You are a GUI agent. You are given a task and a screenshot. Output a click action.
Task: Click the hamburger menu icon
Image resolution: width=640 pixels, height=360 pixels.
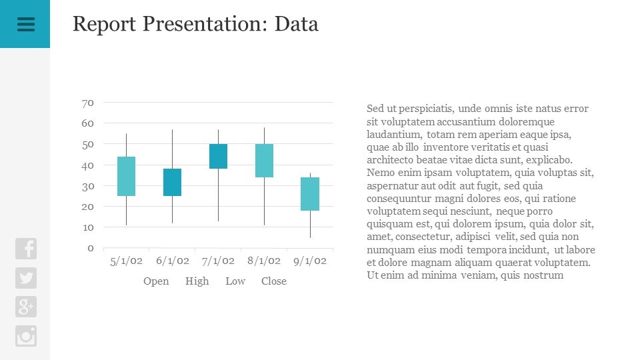pyautogui.click(x=25, y=24)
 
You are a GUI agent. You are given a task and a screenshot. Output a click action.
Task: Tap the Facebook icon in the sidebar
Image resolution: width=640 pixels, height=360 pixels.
pyautogui.click(x=26, y=249)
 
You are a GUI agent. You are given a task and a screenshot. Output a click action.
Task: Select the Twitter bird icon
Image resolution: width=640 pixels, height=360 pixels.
pyautogui.click(x=26, y=278)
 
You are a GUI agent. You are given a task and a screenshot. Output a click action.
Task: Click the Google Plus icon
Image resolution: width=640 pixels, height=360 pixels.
pyautogui.click(x=26, y=307)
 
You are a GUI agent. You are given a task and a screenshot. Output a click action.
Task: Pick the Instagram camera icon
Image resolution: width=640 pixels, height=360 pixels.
pyautogui.click(x=26, y=336)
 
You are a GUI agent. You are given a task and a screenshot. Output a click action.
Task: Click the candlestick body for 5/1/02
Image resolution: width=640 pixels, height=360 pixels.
pyautogui.click(x=127, y=176)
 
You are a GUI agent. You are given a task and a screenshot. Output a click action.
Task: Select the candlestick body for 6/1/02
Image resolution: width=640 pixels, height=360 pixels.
pyautogui.click(x=172, y=182)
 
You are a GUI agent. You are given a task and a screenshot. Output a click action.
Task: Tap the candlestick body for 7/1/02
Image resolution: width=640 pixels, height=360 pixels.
pyautogui.click(x=218, y=156)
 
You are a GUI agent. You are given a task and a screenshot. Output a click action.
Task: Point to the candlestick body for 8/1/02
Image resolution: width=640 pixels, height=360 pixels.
pyautogui.click(x=264, y=161)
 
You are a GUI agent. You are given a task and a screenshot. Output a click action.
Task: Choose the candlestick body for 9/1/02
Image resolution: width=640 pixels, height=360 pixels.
pyautogui.click(x=310, y=194)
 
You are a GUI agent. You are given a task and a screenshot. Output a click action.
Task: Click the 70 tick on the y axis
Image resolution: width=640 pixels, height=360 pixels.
pyautogui.click(x=87, y=103)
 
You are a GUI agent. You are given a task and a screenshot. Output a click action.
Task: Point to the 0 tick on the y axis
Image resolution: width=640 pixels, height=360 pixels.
pyautogui.click(x=91, y=248)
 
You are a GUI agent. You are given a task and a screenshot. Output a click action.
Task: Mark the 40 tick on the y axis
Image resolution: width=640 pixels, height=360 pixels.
pyautogui.click(x=87, y=165)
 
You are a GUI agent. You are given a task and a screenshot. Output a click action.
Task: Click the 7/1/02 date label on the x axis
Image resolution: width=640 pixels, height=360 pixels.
pyautogui.click(x=218, y=261)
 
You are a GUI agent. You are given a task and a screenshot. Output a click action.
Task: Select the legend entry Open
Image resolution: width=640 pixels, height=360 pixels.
pyautogui.click(x=156, y=281)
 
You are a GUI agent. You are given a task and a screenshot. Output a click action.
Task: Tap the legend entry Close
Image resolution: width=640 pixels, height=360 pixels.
pyautogui.click(x=274, y=281)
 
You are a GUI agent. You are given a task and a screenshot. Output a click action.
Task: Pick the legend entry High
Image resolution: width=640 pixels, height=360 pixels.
pyautogui.click(x=197, y=281)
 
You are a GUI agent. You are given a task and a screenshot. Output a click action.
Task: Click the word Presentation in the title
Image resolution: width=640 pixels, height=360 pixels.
pyautogui.click(x=203, y=24)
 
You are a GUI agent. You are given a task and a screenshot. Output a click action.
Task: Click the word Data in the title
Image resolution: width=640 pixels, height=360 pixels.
pyautogui.click(x=297, y=24)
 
